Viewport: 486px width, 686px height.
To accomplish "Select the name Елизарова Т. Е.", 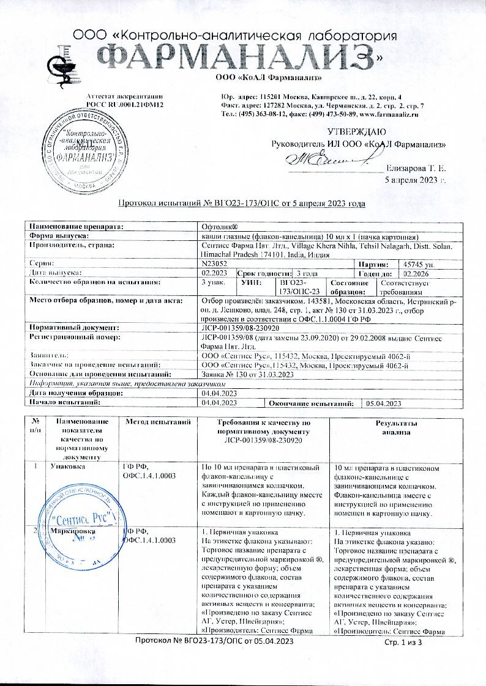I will tap(416, 168).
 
